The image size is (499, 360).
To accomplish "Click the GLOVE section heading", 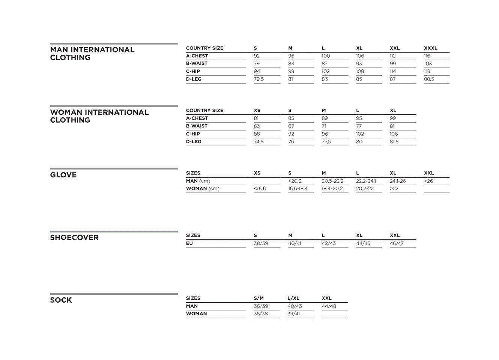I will click(x=63, y=175).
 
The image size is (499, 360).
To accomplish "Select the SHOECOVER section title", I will click(x=74, y=238).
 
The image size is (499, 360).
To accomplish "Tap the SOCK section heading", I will click(x=61, y=300).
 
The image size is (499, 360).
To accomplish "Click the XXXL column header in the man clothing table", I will click(x=430, y=48).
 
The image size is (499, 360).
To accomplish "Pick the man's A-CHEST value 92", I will click(x=257, y=56).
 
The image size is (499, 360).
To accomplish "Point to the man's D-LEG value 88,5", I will click(x=429, y=79).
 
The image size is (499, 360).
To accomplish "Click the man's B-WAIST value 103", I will click(x=428, y=64).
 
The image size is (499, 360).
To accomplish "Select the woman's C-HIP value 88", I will click(x=257, y=134).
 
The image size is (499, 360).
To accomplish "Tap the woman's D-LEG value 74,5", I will click(x=259, y=142).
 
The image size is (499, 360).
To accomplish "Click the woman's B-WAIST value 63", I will click(x=257, y=126).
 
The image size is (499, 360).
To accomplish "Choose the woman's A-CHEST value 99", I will click(x=393, y=118).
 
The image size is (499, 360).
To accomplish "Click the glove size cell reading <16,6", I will click(x=260, y=189).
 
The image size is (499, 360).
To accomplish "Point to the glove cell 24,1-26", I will click(x=398, y=181).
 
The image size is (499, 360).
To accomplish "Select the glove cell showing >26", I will click(x=428, y=181).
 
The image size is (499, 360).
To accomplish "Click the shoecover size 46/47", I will click(x=397, y=243).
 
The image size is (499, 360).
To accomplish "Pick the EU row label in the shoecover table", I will click(x=189, y=243).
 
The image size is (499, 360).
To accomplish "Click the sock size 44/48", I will click(x=329, y=306).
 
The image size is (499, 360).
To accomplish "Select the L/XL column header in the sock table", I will click(x=293, y=298).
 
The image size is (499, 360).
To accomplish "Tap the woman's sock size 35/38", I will click(x=261, y=314).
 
